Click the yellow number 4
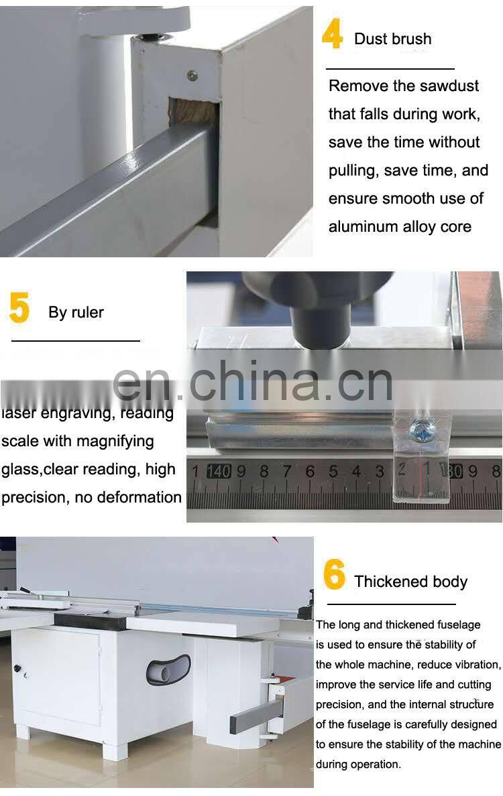coord(332,36)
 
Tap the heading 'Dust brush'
coord(392,39)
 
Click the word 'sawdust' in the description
coord(451,86)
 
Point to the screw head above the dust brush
coord(192,76)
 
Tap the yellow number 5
coord(19,309)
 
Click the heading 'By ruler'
coord(76,312)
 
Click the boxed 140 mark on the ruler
coord(219,471)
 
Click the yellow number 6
coord(334,575)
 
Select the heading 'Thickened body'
coord(410,582)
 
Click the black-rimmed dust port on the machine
coord(168,670)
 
